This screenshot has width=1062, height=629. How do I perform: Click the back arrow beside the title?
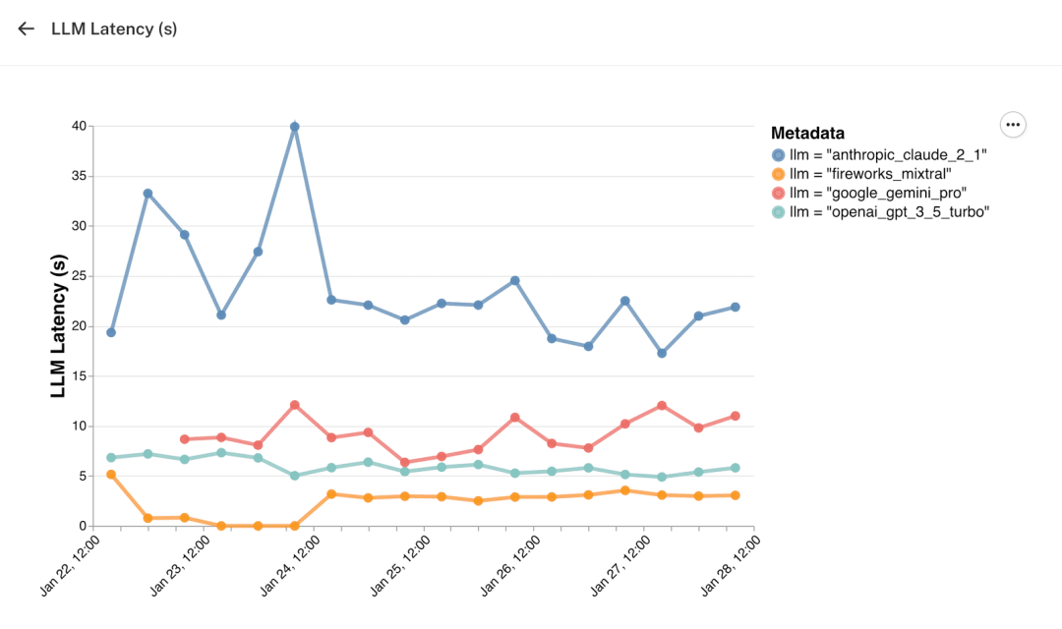point(27,29)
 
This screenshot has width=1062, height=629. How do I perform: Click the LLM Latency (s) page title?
point(114,29)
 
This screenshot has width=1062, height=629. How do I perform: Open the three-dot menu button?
point(1013,125)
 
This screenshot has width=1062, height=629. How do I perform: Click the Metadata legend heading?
point(807,134)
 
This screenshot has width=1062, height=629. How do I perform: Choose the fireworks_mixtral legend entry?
point(861,174)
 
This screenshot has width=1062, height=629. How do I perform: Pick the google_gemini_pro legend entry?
point(869,193)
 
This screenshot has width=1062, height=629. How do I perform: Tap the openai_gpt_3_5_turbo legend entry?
point(880,211)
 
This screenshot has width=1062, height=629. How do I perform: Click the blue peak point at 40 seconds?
point(294,127)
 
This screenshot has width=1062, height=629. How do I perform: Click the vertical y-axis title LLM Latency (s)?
point(58,326)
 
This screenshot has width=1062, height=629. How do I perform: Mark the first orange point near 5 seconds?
point(111,475)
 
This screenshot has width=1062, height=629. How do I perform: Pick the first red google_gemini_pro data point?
point(184,439)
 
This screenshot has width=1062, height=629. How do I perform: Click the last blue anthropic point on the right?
point(735,308)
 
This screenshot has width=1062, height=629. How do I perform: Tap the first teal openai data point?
point(111,458)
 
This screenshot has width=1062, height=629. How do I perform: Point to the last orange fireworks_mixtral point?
point(735,495)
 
